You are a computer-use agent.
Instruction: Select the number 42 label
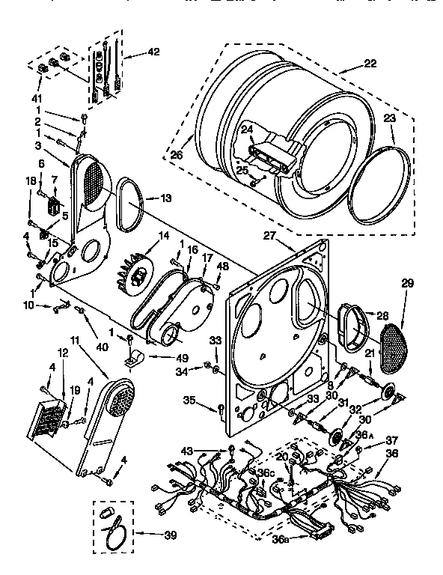(x=153, y=52)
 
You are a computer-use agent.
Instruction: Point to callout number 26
(x=177, y=155)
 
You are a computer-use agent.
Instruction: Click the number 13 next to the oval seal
(x=166, y=198)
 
